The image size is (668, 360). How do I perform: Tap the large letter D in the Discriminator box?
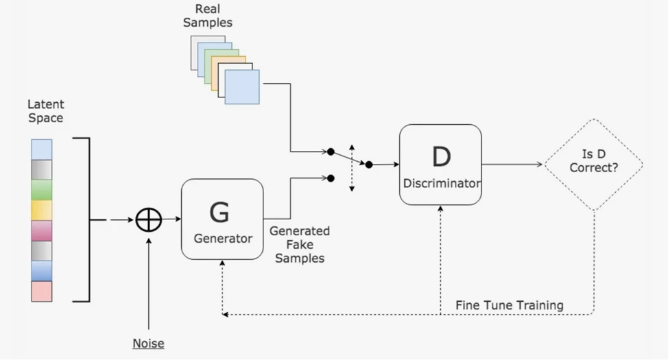click(441, 157)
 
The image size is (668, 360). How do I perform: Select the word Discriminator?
click(441, 184)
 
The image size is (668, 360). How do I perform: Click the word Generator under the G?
click(223, 239)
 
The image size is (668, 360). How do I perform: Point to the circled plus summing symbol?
click(148, 219)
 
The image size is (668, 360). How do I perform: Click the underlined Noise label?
click(148, 343)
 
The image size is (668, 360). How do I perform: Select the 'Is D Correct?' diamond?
click(594, 165)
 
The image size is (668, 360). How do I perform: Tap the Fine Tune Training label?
click(510, 304)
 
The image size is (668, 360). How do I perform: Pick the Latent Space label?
click(46, 111)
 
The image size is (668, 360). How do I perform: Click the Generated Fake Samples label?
click(299, 245)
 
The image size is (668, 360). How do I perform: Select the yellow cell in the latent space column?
click(41, 210)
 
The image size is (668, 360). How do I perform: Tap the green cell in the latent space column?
click(41, 189)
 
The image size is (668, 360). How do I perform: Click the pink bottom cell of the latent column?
click(41, 291)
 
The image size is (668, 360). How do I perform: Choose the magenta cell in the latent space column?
click(41, 230)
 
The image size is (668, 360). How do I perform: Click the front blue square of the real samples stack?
click(242, 87)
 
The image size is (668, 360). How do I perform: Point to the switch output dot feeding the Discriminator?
click(369, 165)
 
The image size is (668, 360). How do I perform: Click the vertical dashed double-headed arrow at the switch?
click(352, 168)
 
